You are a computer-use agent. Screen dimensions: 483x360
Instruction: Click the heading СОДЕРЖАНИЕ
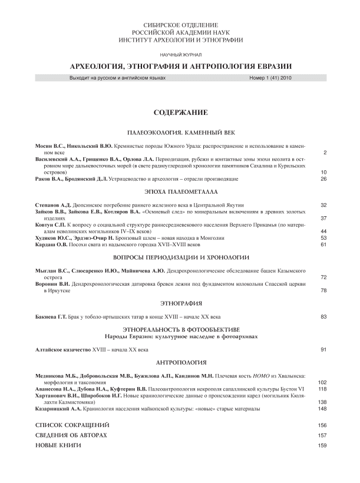[x=180, y=112]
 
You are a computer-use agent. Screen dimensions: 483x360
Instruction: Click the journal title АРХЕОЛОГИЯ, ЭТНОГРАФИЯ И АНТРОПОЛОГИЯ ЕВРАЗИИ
[x=180, y=66]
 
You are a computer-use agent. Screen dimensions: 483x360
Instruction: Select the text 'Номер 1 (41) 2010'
[x=271, y=78]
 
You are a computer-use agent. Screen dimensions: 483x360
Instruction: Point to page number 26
[x=323, y=178]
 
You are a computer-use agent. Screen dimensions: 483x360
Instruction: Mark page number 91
[x=323, y=350]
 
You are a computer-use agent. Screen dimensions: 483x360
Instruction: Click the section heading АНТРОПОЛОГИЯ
[x=180, y=362]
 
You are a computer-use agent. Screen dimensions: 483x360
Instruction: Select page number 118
[x=322, y=389]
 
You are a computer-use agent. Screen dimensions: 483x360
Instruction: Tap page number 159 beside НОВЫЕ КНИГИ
[x=322, y=446]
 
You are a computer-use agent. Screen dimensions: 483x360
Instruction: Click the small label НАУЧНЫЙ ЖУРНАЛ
[x=180, y=54]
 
